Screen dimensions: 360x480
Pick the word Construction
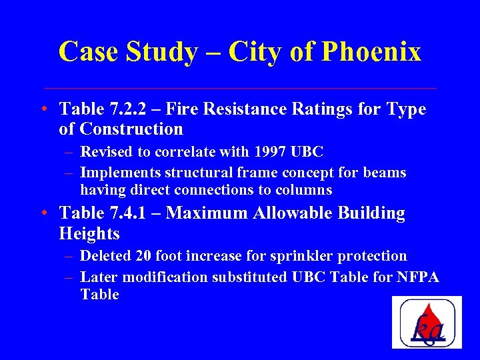tap(131, 129)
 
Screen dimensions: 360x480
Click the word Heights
tap(89, 233)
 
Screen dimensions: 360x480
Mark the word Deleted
tap(105, 256)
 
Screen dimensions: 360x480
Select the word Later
tap(97, 277)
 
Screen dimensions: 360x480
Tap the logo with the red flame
tap(427, 323)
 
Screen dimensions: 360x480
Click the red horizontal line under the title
tap(240, 88)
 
